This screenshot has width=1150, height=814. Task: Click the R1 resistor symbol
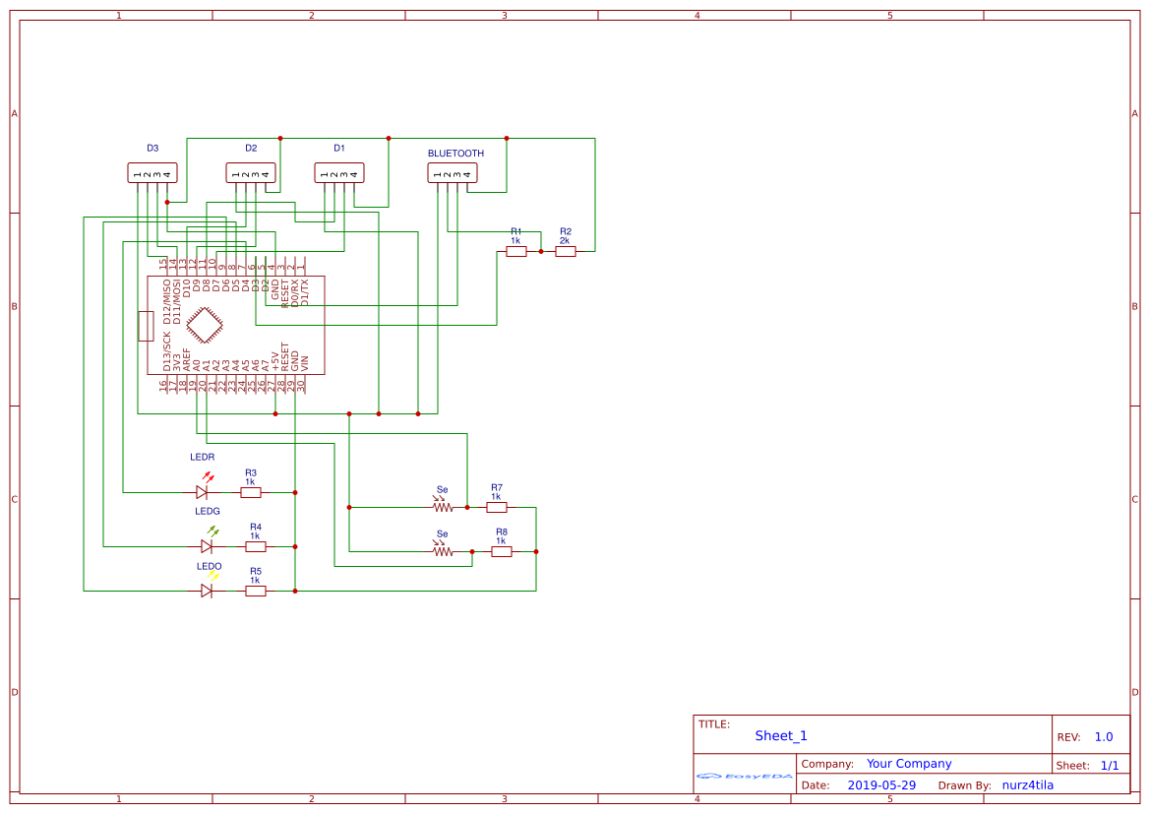pyautogui.click(x=516, y=252)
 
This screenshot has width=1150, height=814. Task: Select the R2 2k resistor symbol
pyautogui.click(x=566, y=252)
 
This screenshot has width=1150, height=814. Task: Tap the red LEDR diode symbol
pyautogui.click(x=203, y=492)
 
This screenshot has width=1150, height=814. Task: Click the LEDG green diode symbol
pyautogui.click(x=207, y=546)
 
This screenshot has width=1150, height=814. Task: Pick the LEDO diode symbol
pyautogui.click(x=207, y=591)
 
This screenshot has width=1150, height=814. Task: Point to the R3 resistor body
pyautogui.click(x=251, y=492)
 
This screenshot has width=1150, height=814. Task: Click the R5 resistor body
pyautogui.click(x=255, y=591)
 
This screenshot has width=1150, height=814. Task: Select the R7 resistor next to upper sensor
pyautogui.click(x=497, y=508)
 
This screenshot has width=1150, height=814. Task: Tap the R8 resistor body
pyautogui.click(x=502, y=552)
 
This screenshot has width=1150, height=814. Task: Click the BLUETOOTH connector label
pyautogui.click(x=455, y=154)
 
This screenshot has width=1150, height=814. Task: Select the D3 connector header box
pyautogui.click(x=152, y=173)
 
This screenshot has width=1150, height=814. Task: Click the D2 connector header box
pyautogui.click(x=251, y=173)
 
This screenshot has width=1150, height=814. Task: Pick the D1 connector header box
pyautogui.click(x=339, y=173)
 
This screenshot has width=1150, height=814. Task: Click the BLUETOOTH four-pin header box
pyautogui.click(x=453, y=173)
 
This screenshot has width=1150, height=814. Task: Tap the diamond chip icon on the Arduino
pyautogui.click(x=205, y=326)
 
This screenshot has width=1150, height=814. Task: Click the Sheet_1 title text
pyautogui.click(x=781, y=736)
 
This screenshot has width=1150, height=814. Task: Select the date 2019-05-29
pyautogui.click(x=881, y=785)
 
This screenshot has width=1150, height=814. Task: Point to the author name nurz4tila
pyautogui.click(x=1028, y=785)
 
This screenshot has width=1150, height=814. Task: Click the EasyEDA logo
pyautogui.click(x=745, y=777)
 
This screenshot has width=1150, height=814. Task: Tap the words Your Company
pyautogui.click(x=909, y=764)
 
